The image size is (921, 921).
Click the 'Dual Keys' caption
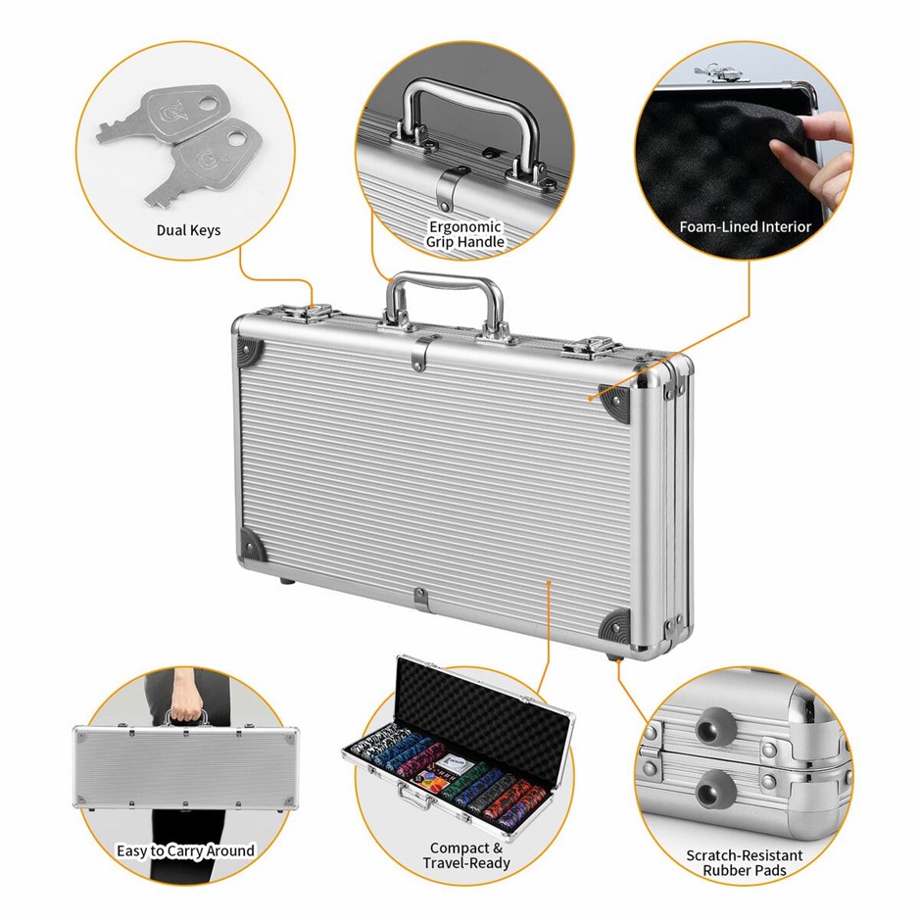[x=188, y=230]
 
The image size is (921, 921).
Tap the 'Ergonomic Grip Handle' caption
[x=464, y=234]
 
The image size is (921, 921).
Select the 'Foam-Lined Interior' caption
[x=745, y=226]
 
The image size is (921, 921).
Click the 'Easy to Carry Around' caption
[x=185, y=850]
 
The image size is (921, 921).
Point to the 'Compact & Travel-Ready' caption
[x=466, y=855]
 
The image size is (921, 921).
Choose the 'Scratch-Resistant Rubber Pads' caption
[x=745, y=863]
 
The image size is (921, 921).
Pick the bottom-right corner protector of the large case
[x=616, y=626]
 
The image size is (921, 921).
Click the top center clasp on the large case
[x=419, y=353]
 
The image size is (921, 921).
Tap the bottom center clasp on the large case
[x=420, y=599]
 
